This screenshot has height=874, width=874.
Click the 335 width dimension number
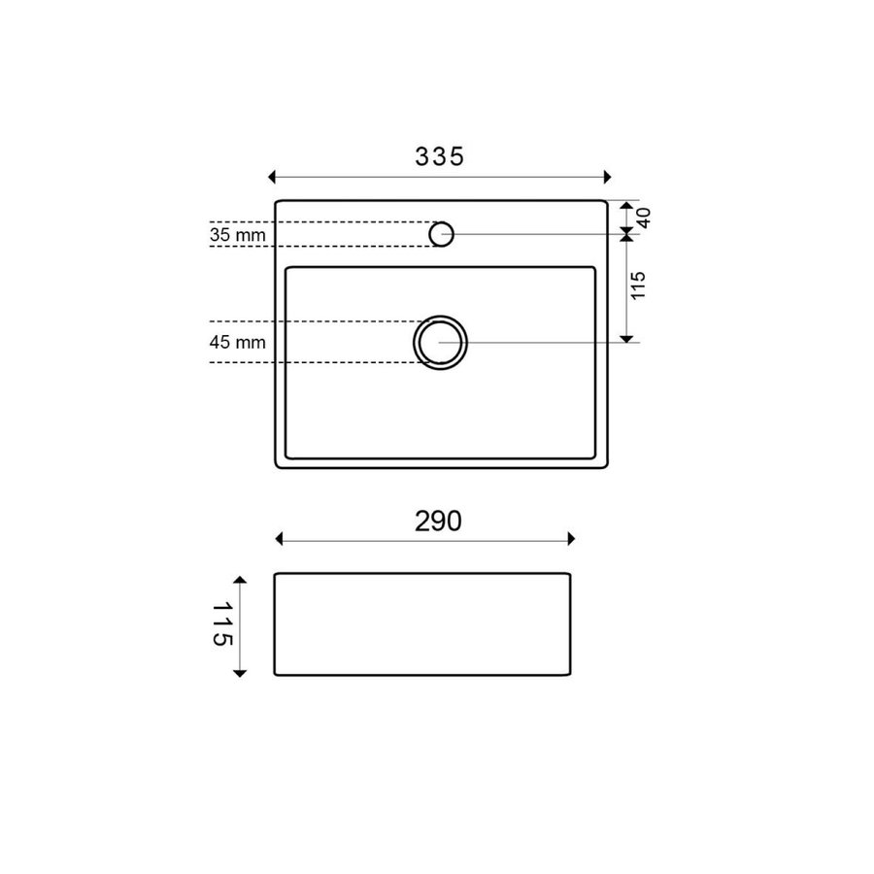pos(440,155)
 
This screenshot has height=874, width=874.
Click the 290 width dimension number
pos(437,521)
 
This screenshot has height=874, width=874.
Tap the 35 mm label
pos(236,234)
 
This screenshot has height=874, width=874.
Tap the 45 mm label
pos(236,342)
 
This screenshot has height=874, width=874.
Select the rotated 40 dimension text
pos(643,218)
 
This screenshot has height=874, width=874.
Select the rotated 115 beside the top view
pos(639,286)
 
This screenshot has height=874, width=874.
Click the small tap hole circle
pos(441,233)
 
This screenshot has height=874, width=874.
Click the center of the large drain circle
pos(441,343)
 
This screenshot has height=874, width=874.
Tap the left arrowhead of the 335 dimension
pos(273,177)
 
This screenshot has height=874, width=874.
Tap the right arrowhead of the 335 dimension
pos(608,177)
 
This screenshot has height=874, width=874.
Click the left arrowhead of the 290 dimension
pos(280,539)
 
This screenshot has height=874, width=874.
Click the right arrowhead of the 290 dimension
pos(572,539)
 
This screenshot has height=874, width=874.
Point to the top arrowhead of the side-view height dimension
pos(241,579)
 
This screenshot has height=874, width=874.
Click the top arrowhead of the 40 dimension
pos(627,207)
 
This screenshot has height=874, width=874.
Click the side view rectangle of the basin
pos(422,624)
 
